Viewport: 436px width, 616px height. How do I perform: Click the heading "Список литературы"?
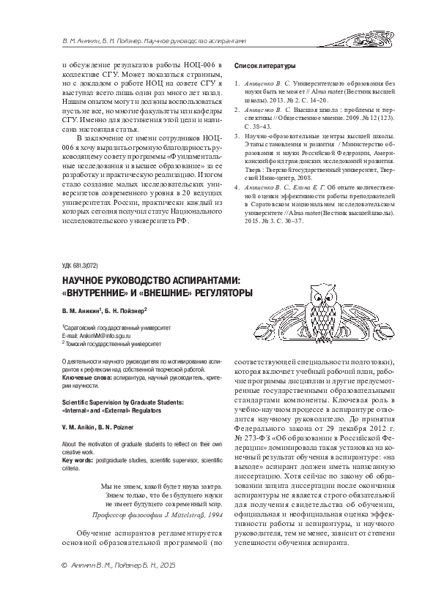pyautogui.click(x=264, y=65)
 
